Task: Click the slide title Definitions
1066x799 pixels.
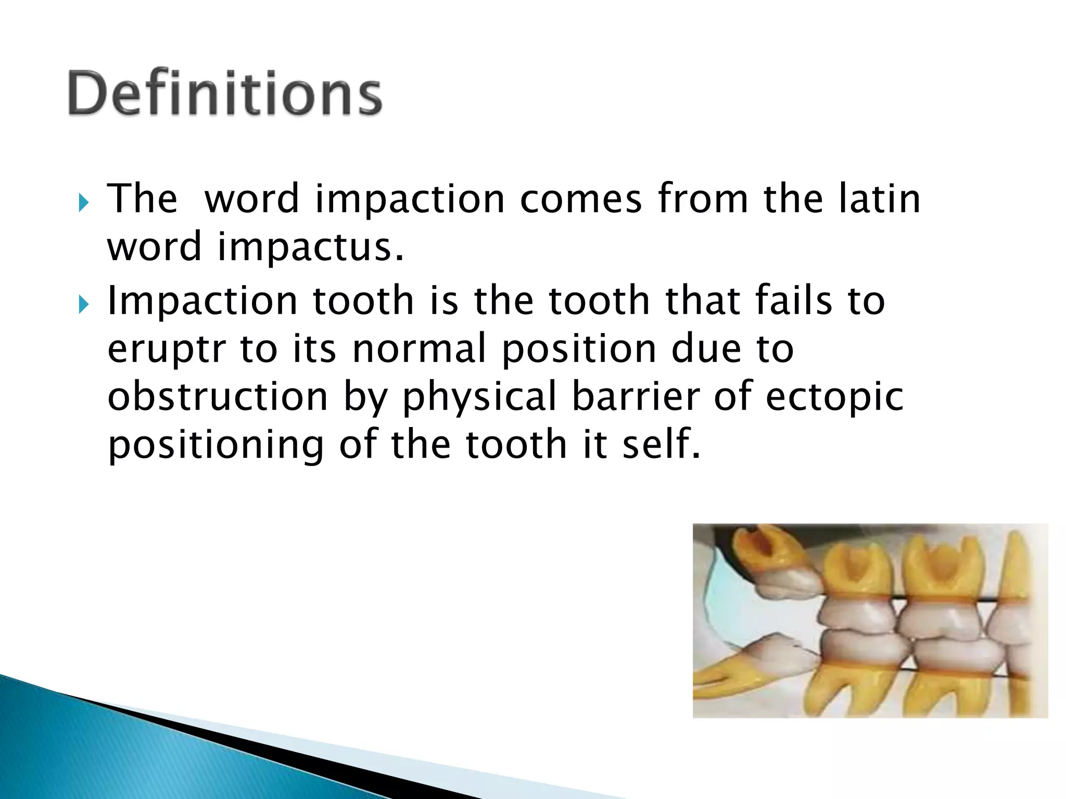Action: (x=225, y=93)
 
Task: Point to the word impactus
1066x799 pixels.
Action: (x=310, y=247)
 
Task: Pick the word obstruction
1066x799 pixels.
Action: (x=218, y=396)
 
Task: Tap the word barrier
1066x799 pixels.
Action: (x=635, y=396)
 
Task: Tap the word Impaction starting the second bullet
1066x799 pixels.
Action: (x=201, y=302)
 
